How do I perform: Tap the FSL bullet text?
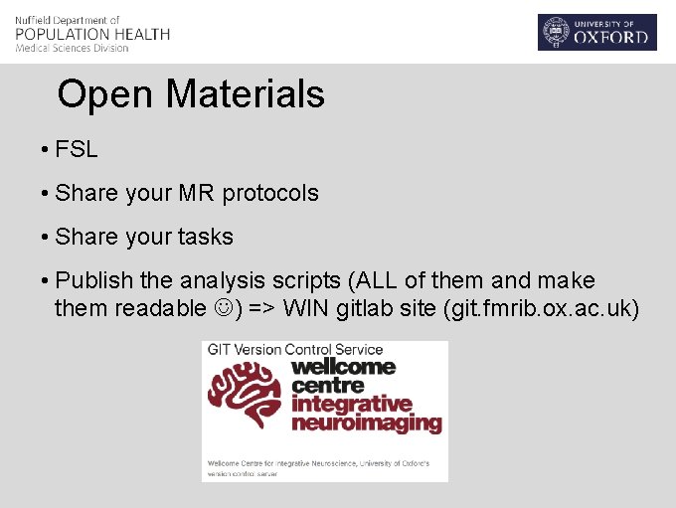[77, 150]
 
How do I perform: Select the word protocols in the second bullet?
[270, 193]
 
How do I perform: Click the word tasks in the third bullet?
[206, 237]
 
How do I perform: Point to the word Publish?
[94, 280]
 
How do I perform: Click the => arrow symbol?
[261, 309]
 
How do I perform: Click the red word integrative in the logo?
[351, 405]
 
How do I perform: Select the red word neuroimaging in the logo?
[366, 423]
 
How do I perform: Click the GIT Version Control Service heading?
[293, 349]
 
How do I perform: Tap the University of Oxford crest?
[555, 33]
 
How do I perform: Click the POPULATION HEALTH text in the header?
[92, 34]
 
